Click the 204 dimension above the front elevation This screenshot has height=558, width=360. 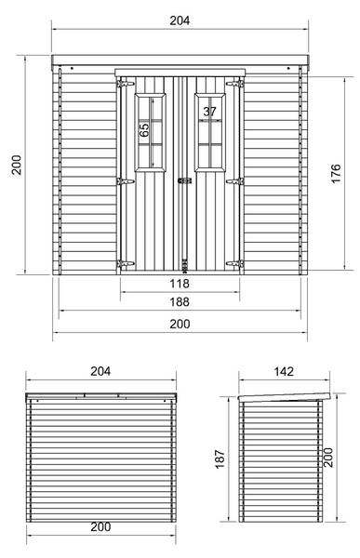180,20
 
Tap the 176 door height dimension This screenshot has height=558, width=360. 336,173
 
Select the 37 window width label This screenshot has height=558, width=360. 209,112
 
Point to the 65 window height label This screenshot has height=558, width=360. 144,130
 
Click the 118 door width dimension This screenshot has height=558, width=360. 180,284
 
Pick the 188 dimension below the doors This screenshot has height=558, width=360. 180,301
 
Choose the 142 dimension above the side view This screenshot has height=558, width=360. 284,371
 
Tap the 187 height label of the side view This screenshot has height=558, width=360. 220,458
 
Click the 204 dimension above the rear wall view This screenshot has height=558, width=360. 100,371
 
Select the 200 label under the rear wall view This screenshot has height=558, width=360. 100,526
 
